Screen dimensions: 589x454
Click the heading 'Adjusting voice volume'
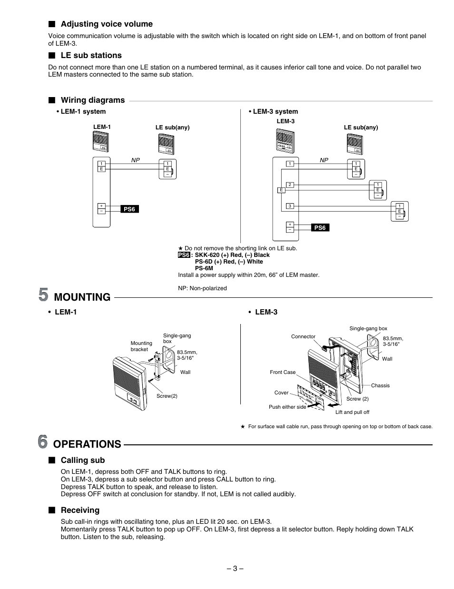coord(106,24)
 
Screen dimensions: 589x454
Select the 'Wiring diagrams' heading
coord(92,100)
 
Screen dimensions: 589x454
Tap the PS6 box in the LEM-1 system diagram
coord(129,209)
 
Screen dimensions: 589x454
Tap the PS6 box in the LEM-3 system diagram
coord(320,228)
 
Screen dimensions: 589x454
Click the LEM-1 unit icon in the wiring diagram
coord(101,141)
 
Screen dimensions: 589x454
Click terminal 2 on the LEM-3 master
coord(289,185)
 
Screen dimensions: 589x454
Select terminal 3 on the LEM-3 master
coord(289,206)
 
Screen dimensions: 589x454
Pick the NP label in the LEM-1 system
coord(136,160)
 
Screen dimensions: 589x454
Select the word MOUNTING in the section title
coord(82,297)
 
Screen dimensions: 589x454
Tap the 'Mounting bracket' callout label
coord(141,346)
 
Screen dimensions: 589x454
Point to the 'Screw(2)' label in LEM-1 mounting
coord(167,396)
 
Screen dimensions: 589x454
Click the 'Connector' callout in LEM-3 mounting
coord(303,336)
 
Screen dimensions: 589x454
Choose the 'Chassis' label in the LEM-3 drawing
coord(380,385)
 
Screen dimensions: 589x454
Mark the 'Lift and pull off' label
coord(352,412)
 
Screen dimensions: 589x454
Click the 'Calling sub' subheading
coord(82,460)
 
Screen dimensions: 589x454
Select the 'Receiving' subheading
coord(80,510)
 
